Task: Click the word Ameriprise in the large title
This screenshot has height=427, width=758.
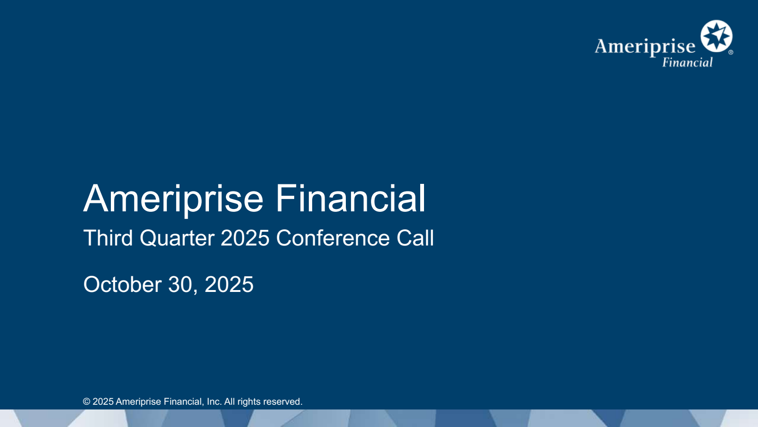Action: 173,199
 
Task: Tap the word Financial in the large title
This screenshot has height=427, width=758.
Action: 351,198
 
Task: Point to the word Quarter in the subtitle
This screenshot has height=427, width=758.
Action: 177,238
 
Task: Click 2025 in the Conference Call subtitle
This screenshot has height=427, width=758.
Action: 245,238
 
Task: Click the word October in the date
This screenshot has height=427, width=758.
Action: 123,285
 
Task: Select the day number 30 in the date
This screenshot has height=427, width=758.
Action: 180,285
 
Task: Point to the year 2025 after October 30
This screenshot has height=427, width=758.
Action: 229,285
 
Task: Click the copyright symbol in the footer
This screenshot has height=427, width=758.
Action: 87,402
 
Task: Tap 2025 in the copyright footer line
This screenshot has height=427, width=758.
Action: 103,402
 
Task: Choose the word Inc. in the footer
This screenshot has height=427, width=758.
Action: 214,402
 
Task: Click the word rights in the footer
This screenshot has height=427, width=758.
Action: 249,402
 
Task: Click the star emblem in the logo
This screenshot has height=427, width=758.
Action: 716,36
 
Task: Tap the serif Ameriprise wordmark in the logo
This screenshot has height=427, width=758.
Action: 645,47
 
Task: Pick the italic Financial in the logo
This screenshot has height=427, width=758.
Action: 687,63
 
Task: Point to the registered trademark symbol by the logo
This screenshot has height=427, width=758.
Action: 731,52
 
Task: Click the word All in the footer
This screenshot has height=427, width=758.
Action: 230,402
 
